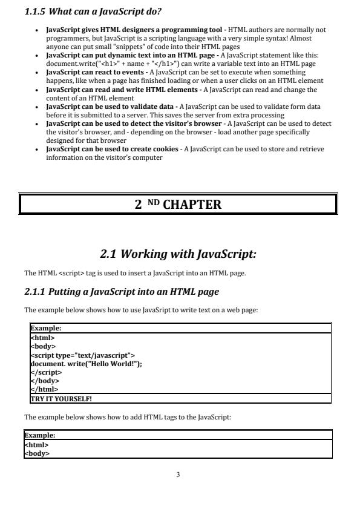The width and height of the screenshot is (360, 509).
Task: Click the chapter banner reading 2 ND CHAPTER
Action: tap(178, 204)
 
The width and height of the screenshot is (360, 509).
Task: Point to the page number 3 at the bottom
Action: tap(178, 475)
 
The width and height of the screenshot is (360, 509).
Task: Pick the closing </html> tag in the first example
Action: tap(43, 390)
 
